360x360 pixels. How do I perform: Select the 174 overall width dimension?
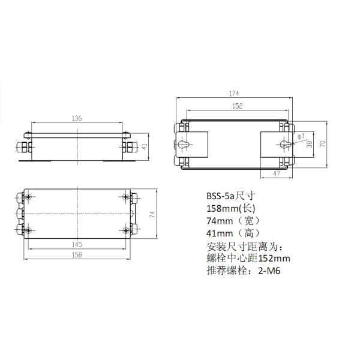[235, 94]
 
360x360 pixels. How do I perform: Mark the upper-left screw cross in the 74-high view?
[29, 197]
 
